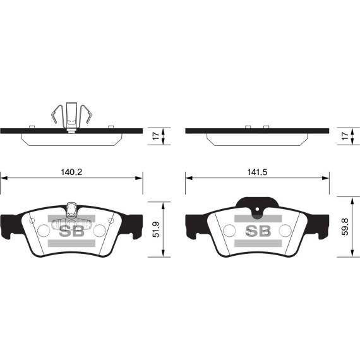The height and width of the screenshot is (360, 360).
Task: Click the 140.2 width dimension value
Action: (x=71, y=172)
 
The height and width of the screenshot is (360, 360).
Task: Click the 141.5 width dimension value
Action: (x=257, y=172)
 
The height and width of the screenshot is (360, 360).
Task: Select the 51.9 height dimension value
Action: (x=156, y=229)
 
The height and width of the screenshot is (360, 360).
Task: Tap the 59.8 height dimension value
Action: (x=345, y=227)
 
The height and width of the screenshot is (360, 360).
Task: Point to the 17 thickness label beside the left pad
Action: (x=156, y=136)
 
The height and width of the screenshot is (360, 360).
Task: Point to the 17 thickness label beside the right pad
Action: (x=345, y=136)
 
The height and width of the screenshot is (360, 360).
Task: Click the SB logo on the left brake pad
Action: (x=72, y=231)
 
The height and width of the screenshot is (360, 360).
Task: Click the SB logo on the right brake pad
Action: (x=258, y=231)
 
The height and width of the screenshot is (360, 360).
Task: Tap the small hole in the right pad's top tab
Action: (x=257, y=209)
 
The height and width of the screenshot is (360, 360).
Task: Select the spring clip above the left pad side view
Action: (x=71, y=116)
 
